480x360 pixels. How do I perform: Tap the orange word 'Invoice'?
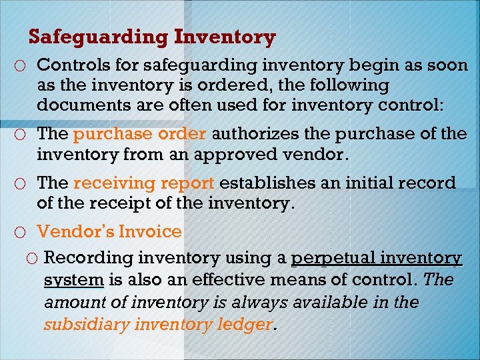150,231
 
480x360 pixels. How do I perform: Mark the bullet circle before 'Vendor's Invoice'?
23,233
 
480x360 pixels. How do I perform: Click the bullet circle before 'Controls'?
23,66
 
